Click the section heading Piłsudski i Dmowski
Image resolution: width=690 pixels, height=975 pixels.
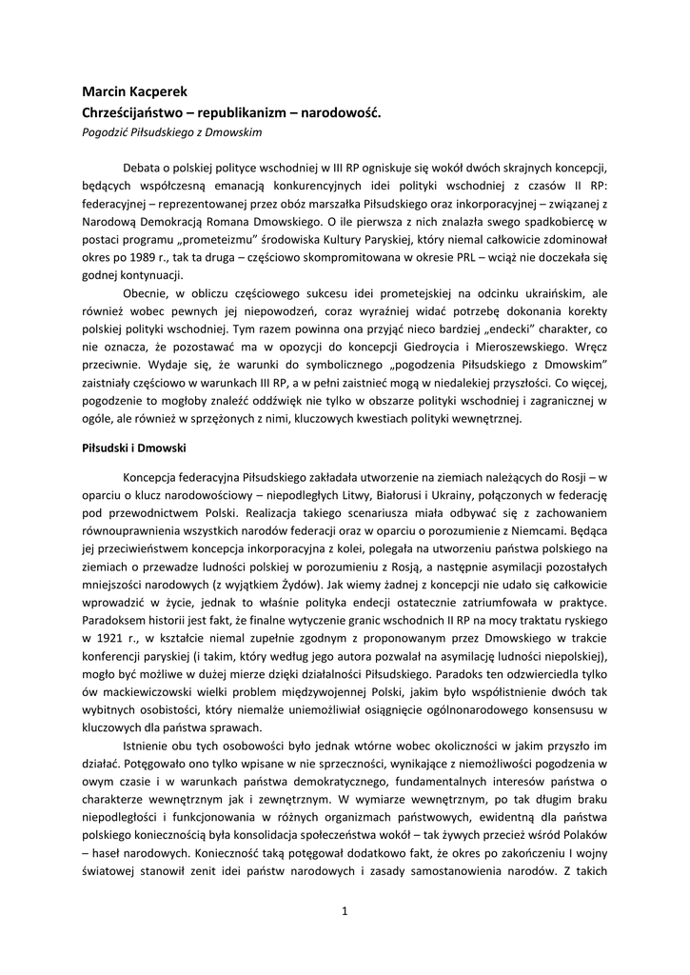click(133, 448)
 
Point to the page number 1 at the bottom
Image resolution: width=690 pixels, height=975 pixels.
click(345, 912)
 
